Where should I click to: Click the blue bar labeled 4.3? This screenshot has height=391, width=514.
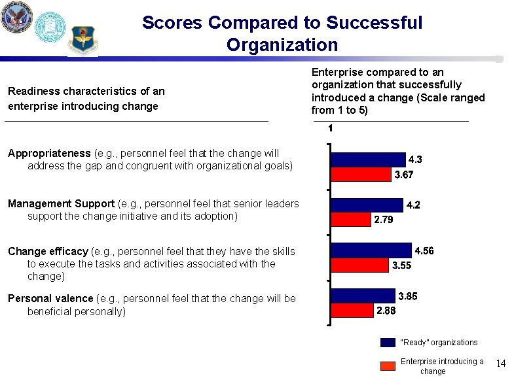368,160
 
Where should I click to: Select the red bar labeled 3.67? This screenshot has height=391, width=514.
361,175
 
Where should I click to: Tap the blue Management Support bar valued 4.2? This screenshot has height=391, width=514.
367,205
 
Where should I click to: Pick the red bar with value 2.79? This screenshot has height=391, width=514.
350,220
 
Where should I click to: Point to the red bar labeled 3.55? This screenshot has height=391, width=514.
359,265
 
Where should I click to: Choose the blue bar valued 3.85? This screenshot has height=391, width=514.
363,296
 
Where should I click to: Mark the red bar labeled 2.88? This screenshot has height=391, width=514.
352,311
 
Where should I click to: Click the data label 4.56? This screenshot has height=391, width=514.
424,251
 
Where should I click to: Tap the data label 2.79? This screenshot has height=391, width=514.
383,220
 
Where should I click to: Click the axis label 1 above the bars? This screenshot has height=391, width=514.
330,129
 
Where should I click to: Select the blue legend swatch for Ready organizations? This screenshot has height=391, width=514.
388,342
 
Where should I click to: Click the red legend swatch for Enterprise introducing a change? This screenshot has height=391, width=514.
388,365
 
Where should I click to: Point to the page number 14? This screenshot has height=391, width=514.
501,363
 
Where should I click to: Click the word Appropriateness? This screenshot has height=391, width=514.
49,154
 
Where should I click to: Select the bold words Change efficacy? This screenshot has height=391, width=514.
48,252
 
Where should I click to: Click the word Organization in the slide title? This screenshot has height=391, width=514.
282,45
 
